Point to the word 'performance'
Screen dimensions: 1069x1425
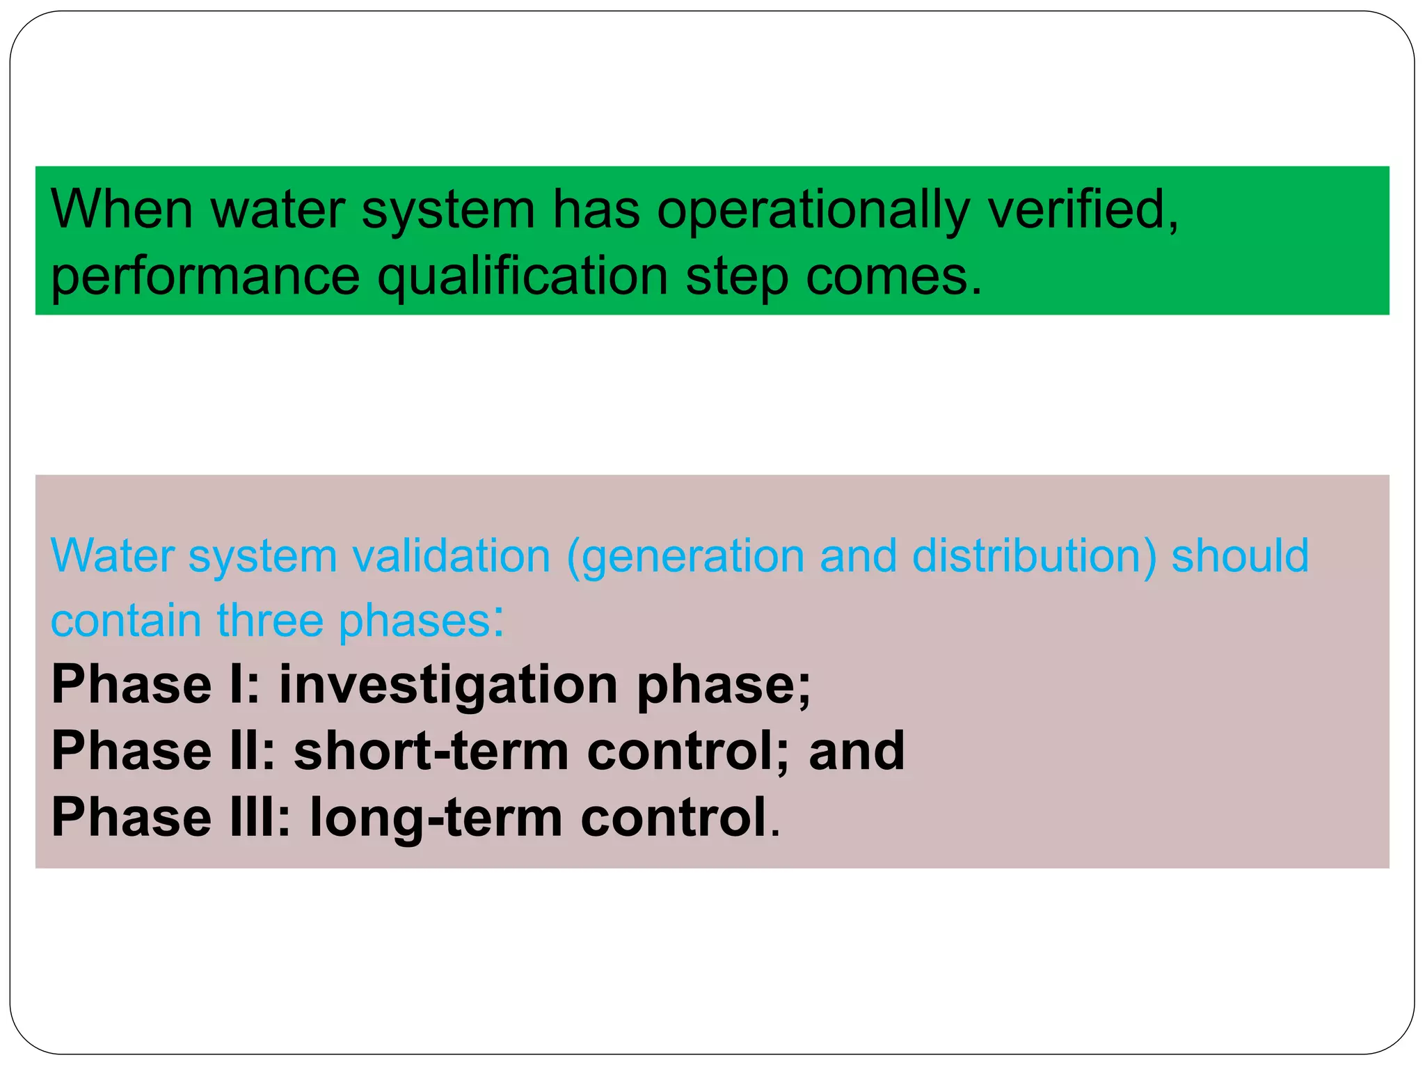[205, 278]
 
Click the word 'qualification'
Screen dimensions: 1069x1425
[523, 278]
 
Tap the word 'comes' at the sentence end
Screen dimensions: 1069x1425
[891, 278]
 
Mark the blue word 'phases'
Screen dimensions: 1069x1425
[415, 621]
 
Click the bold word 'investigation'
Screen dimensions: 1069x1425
[449, 686]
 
